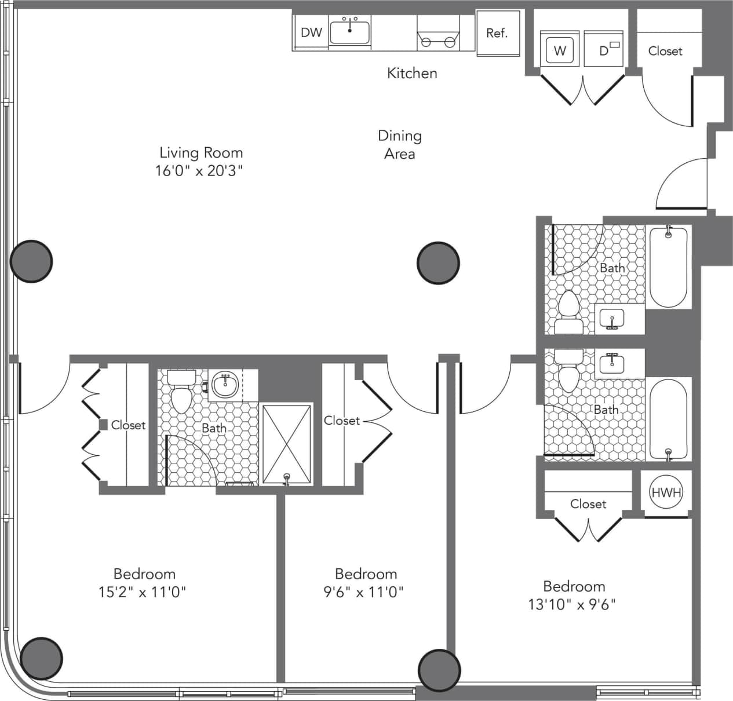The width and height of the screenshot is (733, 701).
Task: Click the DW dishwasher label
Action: pos(311,32)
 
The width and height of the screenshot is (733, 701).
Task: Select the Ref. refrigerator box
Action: pos(497,34)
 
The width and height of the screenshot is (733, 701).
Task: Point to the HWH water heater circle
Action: pos(666,492)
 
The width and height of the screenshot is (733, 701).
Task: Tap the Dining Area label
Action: pos(400,144)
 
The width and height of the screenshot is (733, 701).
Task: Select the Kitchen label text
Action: pos(412,73)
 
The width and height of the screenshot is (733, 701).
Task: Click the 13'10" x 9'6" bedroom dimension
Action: pos(572,604)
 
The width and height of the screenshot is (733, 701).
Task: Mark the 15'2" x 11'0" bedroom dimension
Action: pos(144,592)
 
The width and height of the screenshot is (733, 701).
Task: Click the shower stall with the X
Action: pos(286,444)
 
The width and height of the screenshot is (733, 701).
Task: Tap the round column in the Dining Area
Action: pos(439,262)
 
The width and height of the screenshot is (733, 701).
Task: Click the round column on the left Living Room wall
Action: pos(31,261)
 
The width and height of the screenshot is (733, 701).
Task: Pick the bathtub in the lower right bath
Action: pos(669,419)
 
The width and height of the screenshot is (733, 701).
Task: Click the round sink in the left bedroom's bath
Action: pos(225,384)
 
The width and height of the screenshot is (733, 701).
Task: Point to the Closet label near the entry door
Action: pos(665,51)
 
